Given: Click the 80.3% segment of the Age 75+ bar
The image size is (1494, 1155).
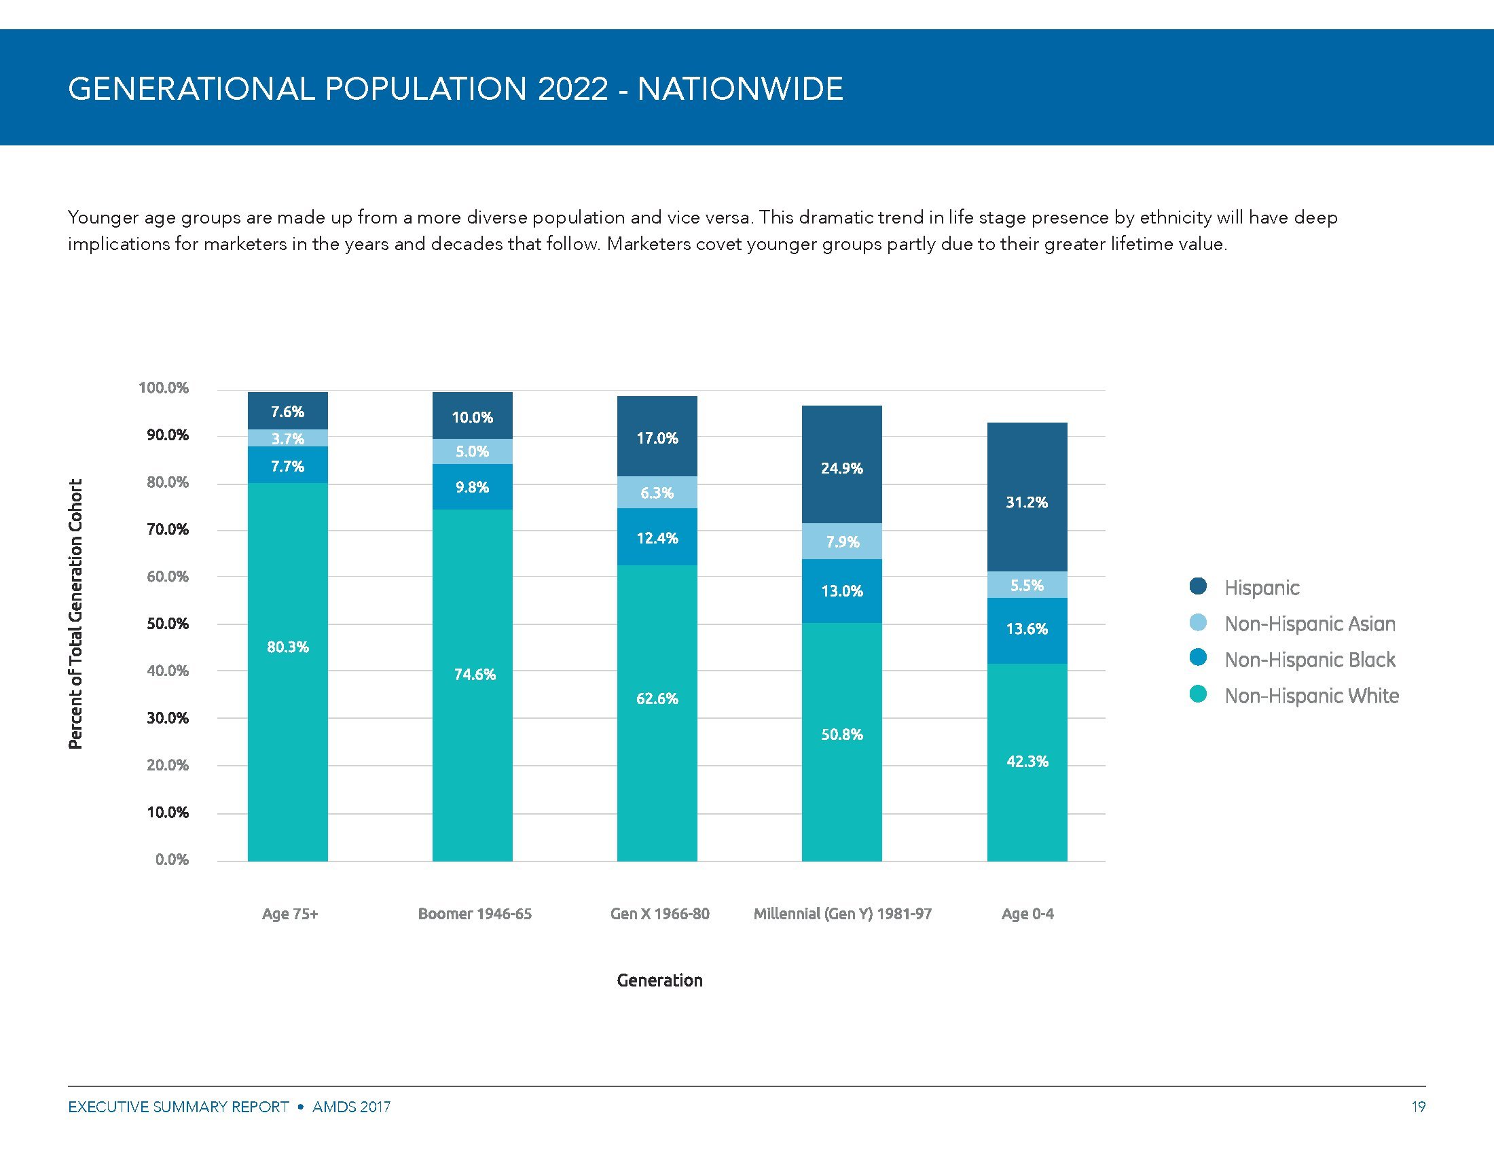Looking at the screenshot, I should click(287, 647).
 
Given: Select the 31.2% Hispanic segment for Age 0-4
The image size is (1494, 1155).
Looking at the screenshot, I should click(1027, 502).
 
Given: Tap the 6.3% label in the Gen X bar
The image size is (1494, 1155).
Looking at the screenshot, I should click(657, 493).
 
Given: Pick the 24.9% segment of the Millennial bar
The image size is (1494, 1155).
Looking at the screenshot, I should click(841, 468).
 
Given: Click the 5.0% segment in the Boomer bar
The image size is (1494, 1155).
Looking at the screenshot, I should click(472, 452).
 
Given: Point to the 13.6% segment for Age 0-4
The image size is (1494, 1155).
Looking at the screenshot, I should click(1027, 629).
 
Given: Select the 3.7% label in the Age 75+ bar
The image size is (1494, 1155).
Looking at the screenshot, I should click(287, 439).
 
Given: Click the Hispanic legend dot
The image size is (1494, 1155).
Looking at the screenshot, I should click(1198, 586).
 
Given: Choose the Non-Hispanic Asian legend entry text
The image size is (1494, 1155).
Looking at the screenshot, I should click(1309, 623).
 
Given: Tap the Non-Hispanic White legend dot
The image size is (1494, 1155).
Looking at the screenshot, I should click(1198, 695).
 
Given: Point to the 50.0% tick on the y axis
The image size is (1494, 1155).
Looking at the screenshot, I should click(168, 624).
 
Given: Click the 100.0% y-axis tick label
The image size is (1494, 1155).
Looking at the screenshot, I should click(164, 388).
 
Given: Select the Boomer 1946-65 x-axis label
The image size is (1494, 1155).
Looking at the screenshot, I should click(475, 913).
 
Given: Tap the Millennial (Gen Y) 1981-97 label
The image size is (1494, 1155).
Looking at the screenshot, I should click(842, 913).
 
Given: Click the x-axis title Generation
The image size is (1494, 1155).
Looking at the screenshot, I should click(659, 980).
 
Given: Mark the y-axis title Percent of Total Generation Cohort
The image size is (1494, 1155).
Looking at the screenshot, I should click(75, 613).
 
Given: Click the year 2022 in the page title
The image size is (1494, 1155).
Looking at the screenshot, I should click(572, 89).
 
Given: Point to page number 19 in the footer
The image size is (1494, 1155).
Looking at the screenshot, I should click(1418, 1106).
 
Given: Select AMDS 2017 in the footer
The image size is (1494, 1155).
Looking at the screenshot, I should click(351, 1106).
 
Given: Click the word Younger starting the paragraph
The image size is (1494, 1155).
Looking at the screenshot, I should click(105, 217).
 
